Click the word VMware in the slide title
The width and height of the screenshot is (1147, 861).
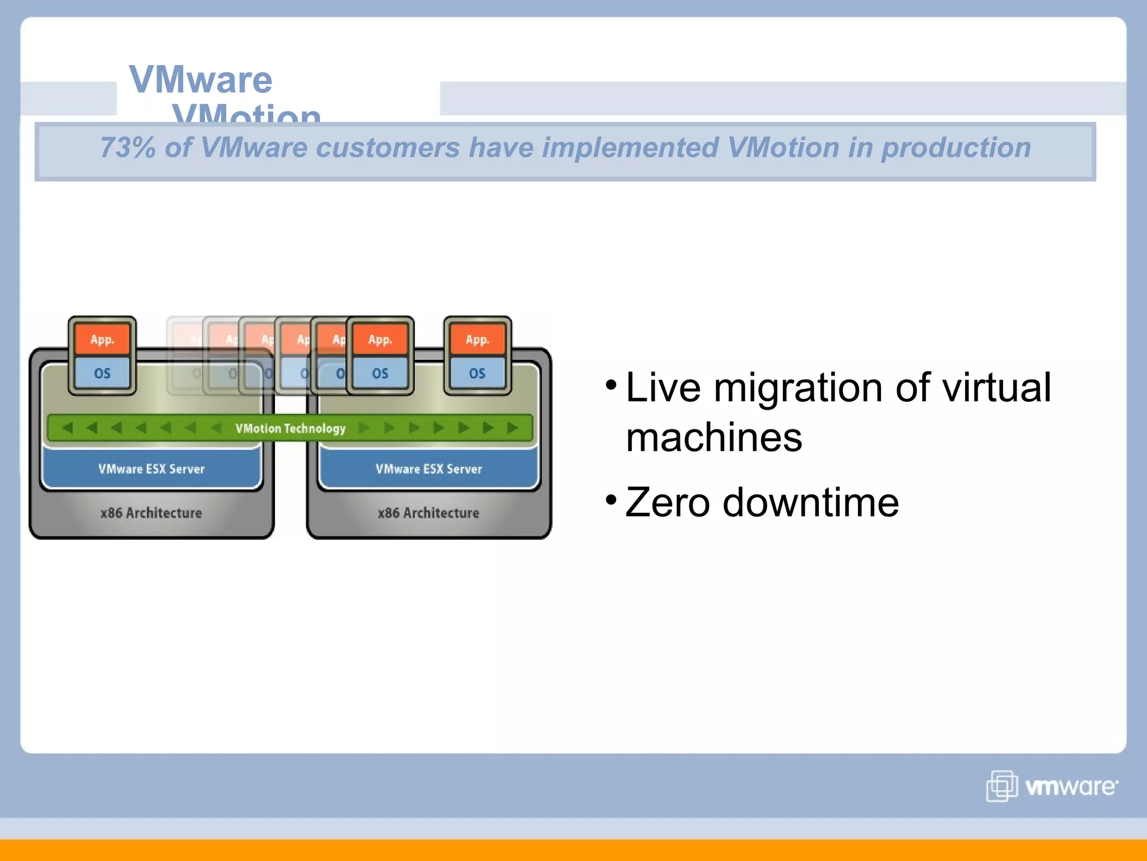(201, 80)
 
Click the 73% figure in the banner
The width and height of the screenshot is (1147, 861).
(127, 148)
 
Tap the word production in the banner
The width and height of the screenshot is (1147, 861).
(955, 148)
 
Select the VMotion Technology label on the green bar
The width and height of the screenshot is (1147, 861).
(290, 428)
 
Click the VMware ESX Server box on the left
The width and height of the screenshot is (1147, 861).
(151, 469)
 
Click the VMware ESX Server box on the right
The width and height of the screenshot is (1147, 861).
(428, 469)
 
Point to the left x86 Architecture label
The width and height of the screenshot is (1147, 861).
(151, 513)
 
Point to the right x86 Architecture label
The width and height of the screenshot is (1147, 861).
(428, 513)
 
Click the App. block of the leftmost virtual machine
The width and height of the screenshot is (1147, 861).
(102, 340)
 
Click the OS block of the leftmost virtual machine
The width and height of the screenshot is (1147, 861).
(102, 373)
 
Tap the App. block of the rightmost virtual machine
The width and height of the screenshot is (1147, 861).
(477, 340)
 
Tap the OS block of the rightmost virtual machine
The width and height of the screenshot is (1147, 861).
(477, 373)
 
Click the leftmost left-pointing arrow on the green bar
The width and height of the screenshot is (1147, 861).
(67, 428)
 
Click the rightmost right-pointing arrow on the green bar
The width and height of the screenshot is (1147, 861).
(512, 428)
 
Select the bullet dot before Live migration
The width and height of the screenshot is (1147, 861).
(611, 385)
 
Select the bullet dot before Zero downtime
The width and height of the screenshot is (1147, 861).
(611, 499)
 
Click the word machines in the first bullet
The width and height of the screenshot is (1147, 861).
(714, 438)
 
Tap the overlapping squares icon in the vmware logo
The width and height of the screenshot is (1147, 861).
(1001, 786)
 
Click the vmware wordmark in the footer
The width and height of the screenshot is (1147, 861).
(1071, 787)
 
